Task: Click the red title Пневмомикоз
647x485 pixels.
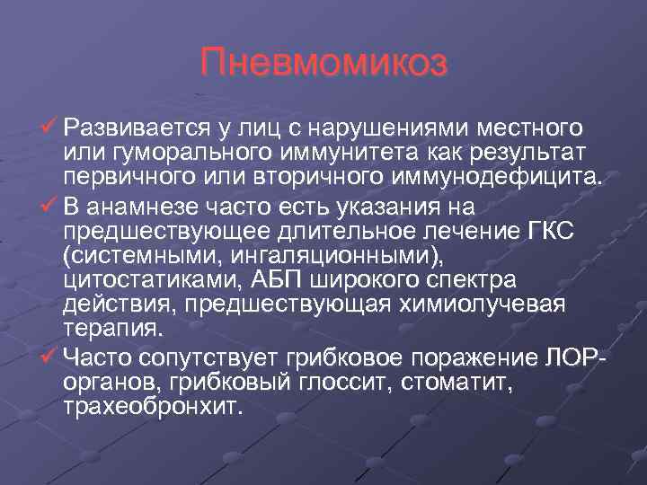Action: [323, 64]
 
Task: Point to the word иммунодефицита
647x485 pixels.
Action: [499, 171]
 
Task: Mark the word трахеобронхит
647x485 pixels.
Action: [154, 406]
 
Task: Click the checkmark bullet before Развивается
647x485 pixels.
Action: [50, 123]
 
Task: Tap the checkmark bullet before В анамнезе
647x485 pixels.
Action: [50, 209]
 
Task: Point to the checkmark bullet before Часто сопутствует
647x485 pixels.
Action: [50, 358]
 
